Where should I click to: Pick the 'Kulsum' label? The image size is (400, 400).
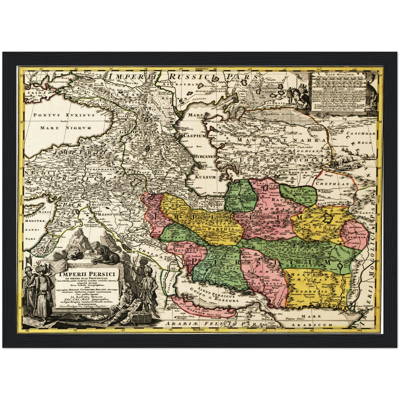[x=205, y=177]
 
